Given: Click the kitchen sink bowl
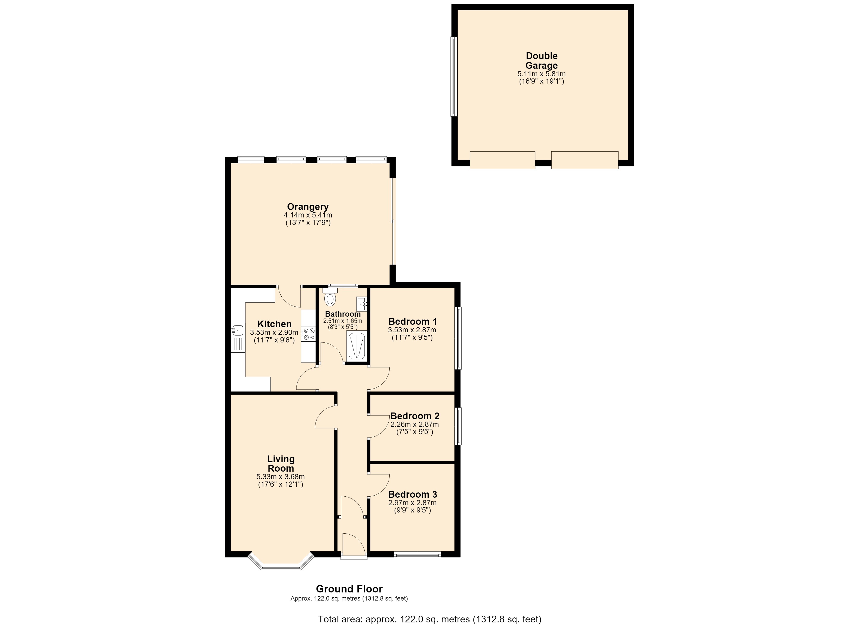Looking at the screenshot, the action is tap(237, 330).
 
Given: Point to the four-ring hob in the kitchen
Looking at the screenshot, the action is tap(309, 334).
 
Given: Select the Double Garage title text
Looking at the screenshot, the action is tap(542, 61).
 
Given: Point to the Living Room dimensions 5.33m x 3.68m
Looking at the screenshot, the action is tap(281, 477).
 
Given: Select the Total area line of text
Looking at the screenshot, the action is tap(429, 619).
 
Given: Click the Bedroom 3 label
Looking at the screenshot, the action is tap(413, 495).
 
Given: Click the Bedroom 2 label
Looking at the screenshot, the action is tap(415, 416).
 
